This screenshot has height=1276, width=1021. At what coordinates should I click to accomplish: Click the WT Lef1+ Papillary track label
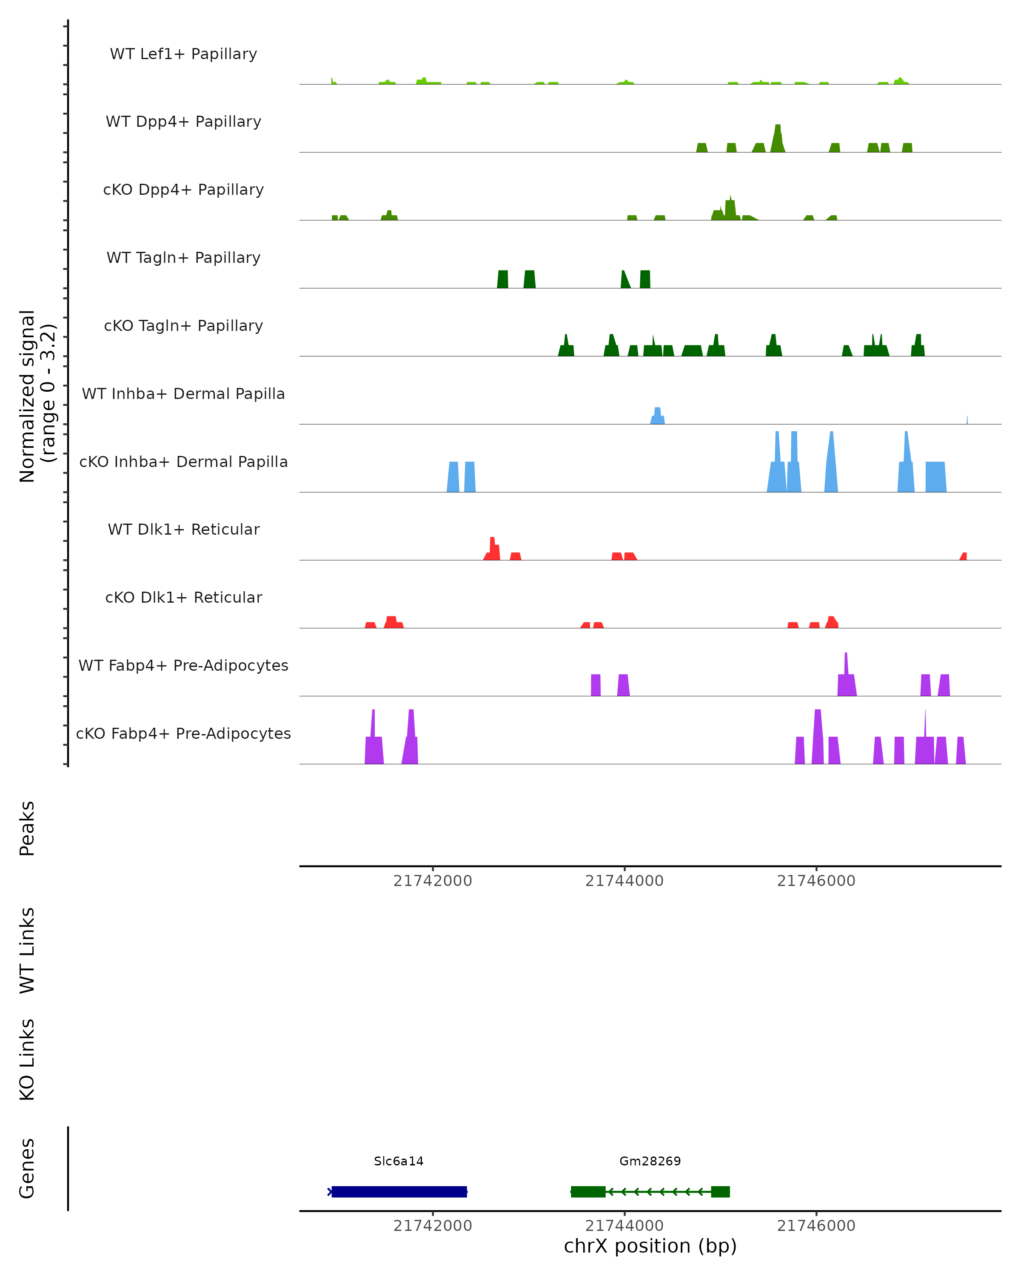[x=183, y=54]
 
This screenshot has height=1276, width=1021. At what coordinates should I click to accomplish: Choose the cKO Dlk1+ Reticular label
[x=183, y=597]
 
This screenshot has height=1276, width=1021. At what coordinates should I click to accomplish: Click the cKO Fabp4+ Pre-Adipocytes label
[x=183, y=733]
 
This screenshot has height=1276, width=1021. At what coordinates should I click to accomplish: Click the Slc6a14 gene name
[x=398, y=1161]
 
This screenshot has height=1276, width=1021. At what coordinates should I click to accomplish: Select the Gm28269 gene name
[x=650, y=1161]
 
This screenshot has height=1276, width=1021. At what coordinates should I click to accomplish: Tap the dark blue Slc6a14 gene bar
[x=399, y=1191]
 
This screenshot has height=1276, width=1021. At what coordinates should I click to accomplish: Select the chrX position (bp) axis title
[x=650, y=1246]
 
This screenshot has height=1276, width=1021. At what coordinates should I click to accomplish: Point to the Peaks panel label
[x=27, y=829]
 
